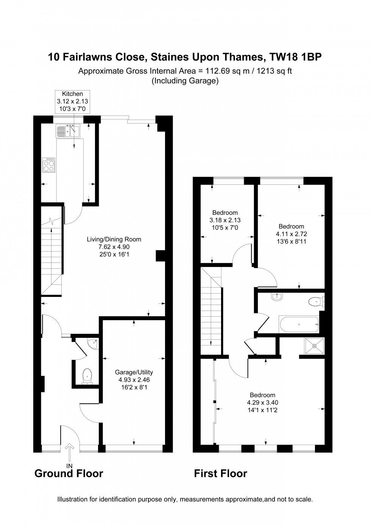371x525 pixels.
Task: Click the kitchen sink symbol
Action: [x=68, y=131]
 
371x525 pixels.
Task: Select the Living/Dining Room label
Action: [x=114, y=239]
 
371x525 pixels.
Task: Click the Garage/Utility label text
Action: [x=134, y=372]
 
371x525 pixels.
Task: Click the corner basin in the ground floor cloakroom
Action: [x=92, y=344]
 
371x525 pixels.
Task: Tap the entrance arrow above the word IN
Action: [x=69, y=452]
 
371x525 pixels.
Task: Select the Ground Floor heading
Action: [x=69, y=473]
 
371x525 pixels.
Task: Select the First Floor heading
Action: [x=220, y=473]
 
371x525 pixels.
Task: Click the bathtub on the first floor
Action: [x=299, y=324]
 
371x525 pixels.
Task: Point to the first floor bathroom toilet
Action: [x=315, y=302]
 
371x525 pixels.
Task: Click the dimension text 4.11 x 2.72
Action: [x=291, y=234]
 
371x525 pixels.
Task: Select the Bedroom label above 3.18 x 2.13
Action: [x=225, y=212]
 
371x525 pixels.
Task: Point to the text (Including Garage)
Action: [x=185, y=81]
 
